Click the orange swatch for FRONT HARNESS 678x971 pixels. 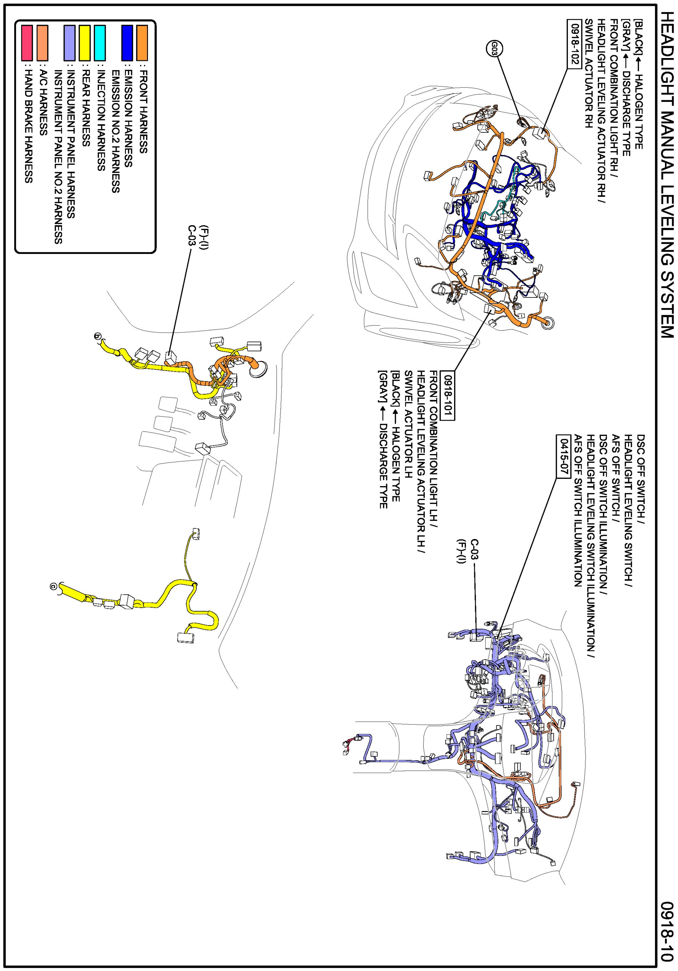pos(142,43)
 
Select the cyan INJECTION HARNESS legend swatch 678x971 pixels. pos(100,43)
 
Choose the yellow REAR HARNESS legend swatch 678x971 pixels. pos(85,43)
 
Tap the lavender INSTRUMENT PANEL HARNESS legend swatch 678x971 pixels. pos(70,43)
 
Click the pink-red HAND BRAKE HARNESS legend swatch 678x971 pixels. pos(28,43)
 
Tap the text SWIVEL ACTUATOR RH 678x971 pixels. pos(589,74)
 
